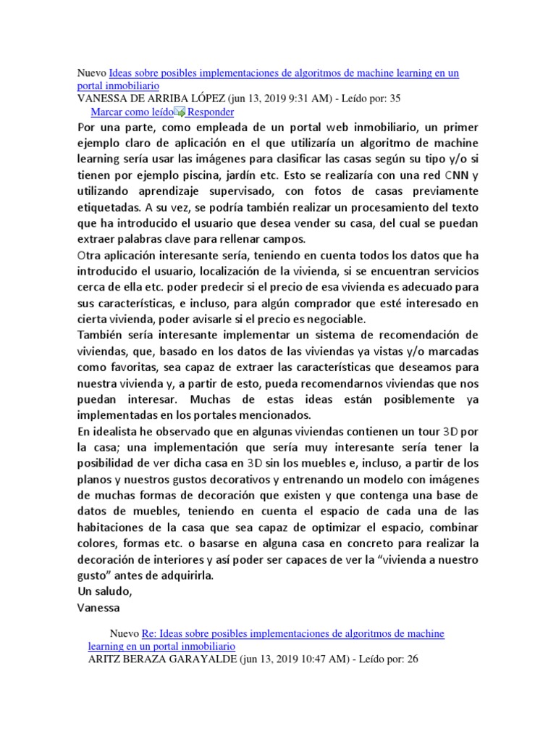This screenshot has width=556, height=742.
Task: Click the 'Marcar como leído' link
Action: click(x=132, y=112)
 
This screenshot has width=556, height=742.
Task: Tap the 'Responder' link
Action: click(x=211, y=112)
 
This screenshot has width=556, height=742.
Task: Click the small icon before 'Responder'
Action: click(x=180, y=112)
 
